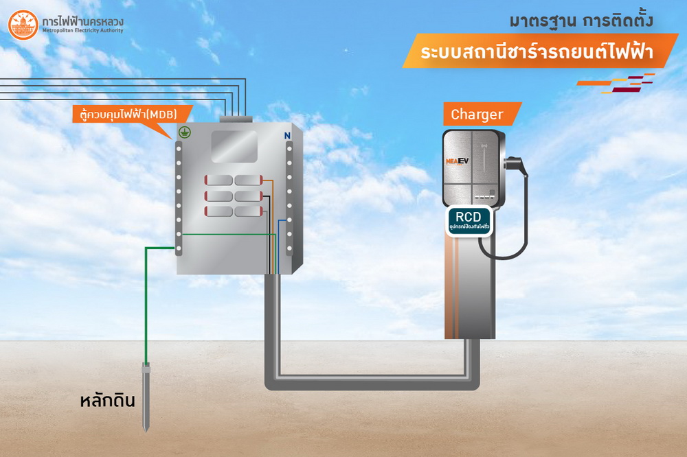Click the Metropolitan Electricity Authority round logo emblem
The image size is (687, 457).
[23, 25]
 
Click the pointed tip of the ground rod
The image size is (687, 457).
[146, 430]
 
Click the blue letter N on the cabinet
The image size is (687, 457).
[287, 135]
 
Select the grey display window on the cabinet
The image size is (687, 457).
[234, 146]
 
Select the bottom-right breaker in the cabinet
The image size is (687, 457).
[248, 211]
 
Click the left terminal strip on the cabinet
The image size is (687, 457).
[178, 199]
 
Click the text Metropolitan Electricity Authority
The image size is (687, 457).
[82, 30]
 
